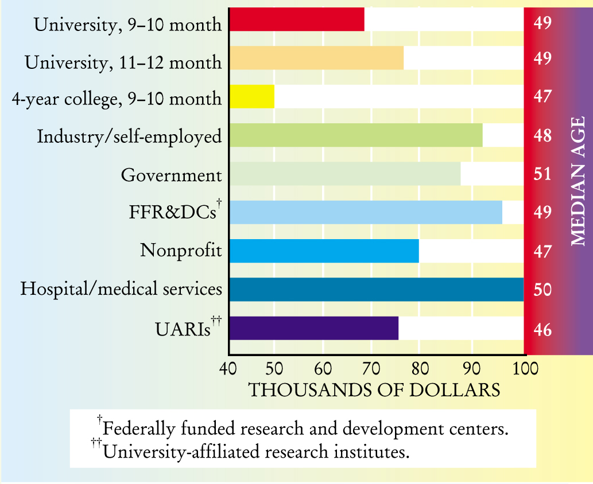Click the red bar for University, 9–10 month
pos(297,19)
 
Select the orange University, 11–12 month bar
pos(316,58)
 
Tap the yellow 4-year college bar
pos(252,97)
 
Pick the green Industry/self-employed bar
pos(356,136)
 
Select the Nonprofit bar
pos(324,251)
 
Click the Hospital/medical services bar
pos(376,290)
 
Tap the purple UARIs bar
pos(314,328)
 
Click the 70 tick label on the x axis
pos(371,368)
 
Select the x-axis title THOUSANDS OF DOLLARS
pos(374,390)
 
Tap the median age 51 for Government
pos(542,174)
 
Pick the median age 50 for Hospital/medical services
pos(542,290)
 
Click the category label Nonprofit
pos(181,251)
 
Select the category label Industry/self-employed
pos(129,136)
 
